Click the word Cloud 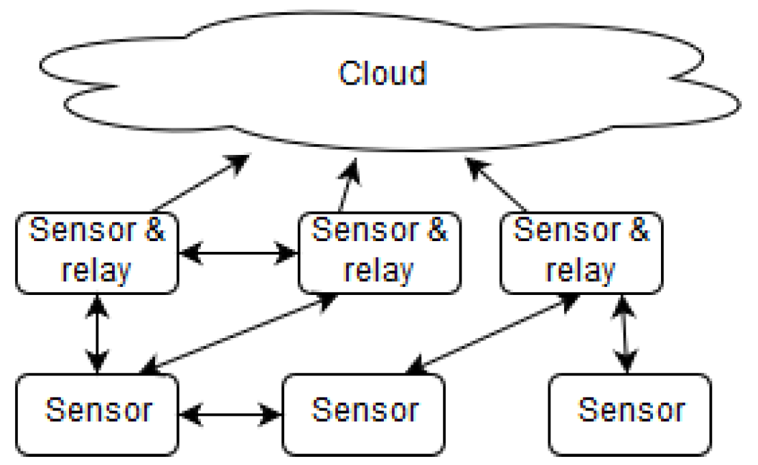[382, 74]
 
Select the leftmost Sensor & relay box [97, 253]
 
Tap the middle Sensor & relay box [379, 253]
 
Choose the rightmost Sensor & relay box [581, 253]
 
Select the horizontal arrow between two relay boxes [238, 254]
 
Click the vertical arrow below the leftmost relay [98, 333]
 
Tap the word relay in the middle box [379, 271]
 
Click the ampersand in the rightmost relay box [638, 231]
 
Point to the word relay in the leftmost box [96, 271]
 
